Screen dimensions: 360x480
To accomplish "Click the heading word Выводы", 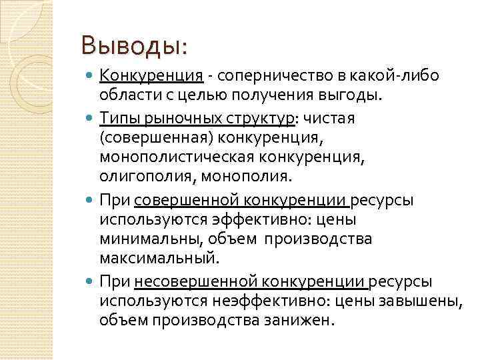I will coord(131,45).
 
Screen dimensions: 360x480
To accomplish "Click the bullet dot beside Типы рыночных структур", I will coord(91,119).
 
